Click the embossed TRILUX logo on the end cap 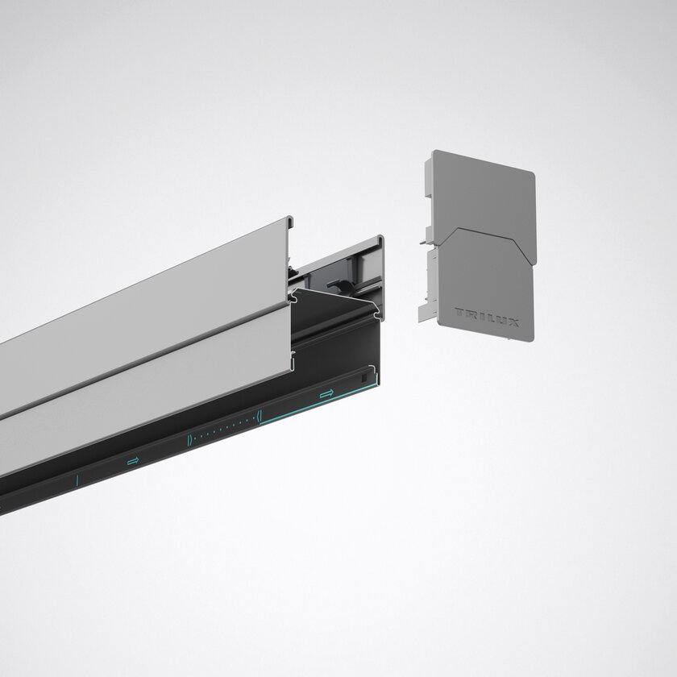[487, 317]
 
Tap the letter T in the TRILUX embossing [459, 312]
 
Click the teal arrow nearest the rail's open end [326, 394]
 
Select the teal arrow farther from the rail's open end [134, 461]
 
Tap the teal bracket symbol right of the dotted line [259, 416]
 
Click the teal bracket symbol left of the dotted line [189, 440]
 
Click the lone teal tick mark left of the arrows [77, 480]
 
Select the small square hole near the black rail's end [363, 378]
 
